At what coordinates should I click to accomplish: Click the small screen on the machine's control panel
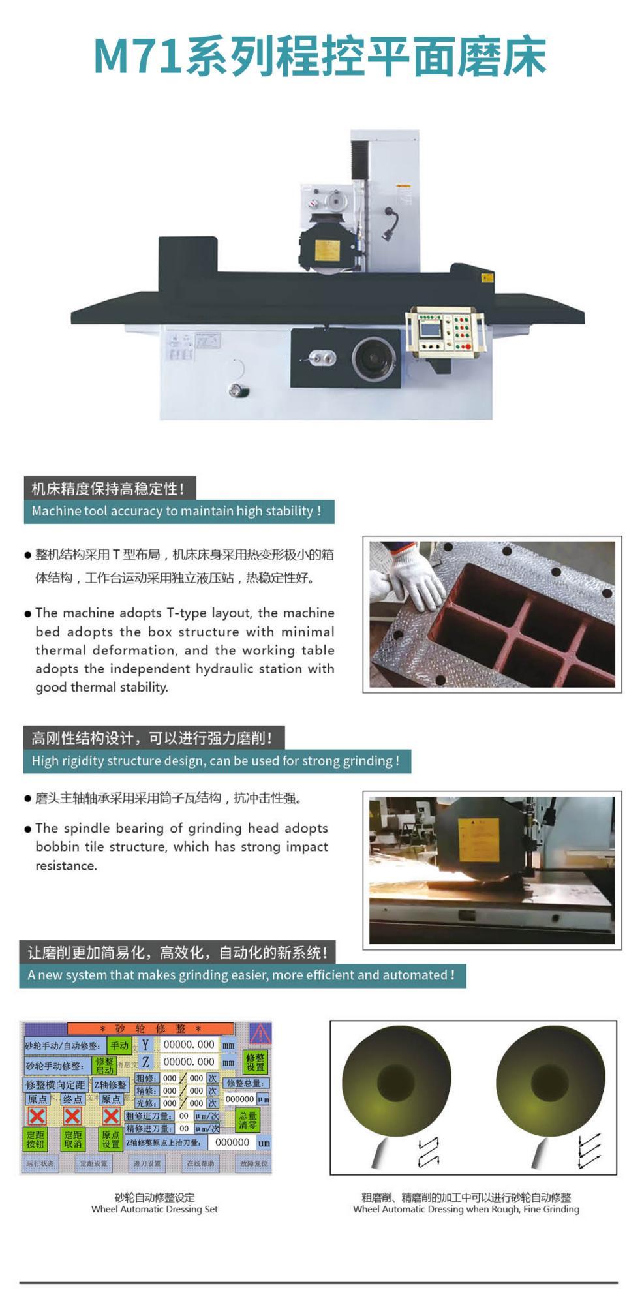tap(429, 329)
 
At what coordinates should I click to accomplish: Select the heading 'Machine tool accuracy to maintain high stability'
tap(176, 511)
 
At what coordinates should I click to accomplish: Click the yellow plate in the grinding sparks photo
tap(478, 839)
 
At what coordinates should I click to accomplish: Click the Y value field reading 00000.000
tap(189, 1045)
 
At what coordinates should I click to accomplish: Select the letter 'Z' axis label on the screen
tap(145, 1062)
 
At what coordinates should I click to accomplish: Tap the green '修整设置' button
tap(255, 1062)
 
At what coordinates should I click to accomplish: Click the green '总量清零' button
tap(248, 1120)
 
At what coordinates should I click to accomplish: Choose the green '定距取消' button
tap(73, 1139)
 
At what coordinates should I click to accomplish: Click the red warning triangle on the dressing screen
tap(260, 1034)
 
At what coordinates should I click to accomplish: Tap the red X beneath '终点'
tap(72, 1116)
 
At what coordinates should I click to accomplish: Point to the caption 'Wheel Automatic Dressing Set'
tap(155, 1209)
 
